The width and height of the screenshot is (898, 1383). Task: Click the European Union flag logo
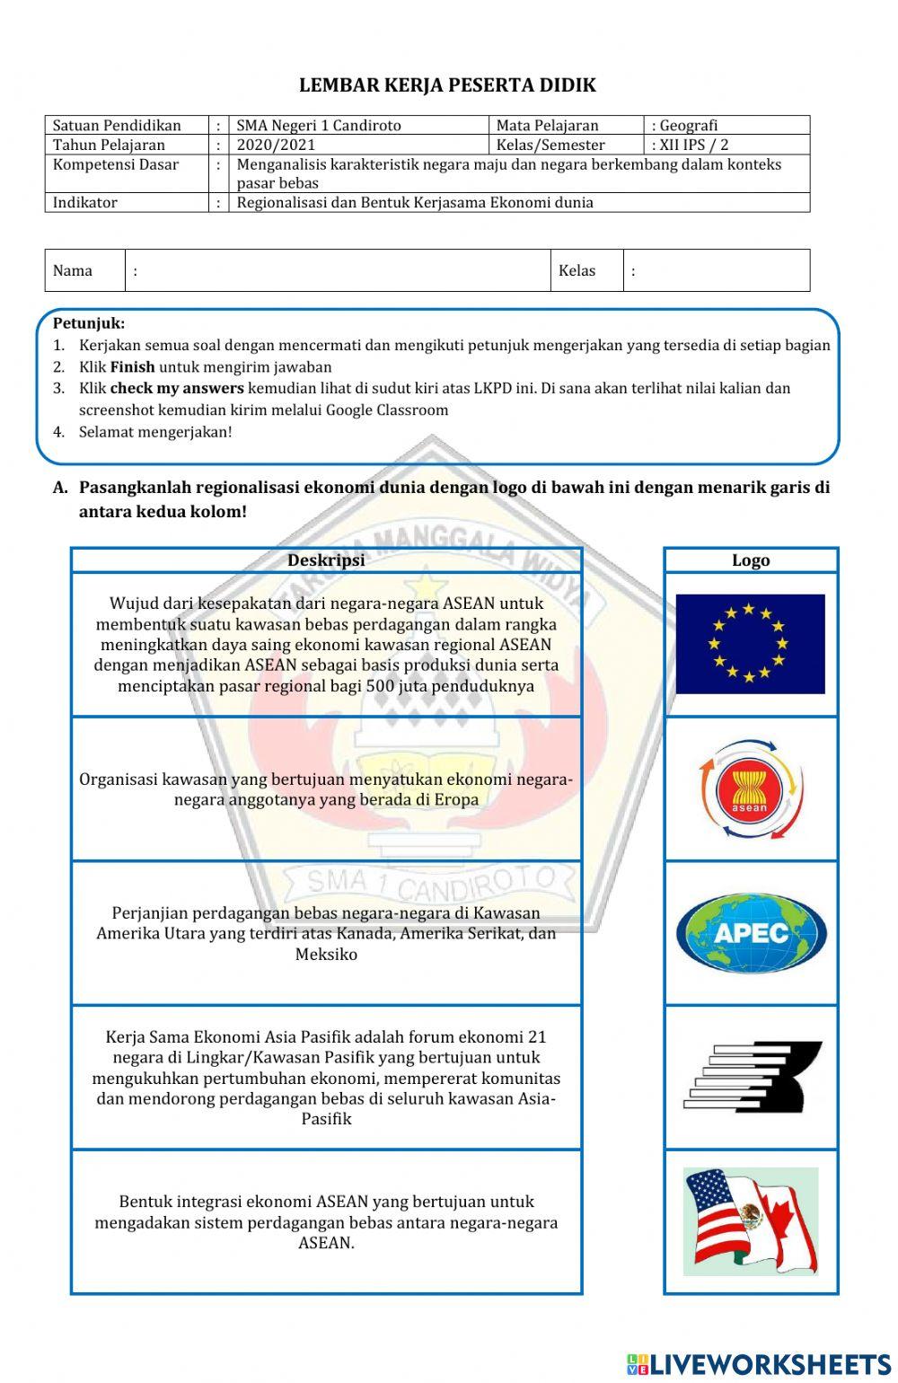[x=750, y=643]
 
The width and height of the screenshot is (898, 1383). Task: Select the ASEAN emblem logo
[x=750, y=789]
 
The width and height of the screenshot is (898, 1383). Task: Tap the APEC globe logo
[x=751, y=933]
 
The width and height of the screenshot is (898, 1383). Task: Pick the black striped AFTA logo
[x=753, y=1077]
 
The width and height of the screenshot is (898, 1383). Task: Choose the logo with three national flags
[x=751, y=1220]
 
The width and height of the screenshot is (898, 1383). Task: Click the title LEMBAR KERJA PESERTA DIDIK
[x=447, y=85]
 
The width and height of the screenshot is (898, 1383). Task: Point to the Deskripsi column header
[x=326, y=560]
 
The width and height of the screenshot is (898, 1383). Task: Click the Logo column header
[x=751, y=560]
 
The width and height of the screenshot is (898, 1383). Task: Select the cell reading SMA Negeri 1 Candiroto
[x=319, y=126]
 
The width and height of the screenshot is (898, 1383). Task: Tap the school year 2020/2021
[x=277, y=145]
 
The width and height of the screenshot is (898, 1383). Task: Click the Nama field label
[x=73, y=270]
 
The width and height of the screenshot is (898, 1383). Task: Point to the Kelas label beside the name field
[x=577, y=270]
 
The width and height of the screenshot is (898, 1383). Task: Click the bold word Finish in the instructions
[x=132, y=367]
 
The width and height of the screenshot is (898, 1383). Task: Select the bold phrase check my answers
[x=177, y=389]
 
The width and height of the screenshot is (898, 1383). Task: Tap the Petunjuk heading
[x=89, y=323]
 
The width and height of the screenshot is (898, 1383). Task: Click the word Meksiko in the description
[x=326, y=954]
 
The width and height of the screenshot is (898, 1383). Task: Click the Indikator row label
[x=85, y=203]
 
